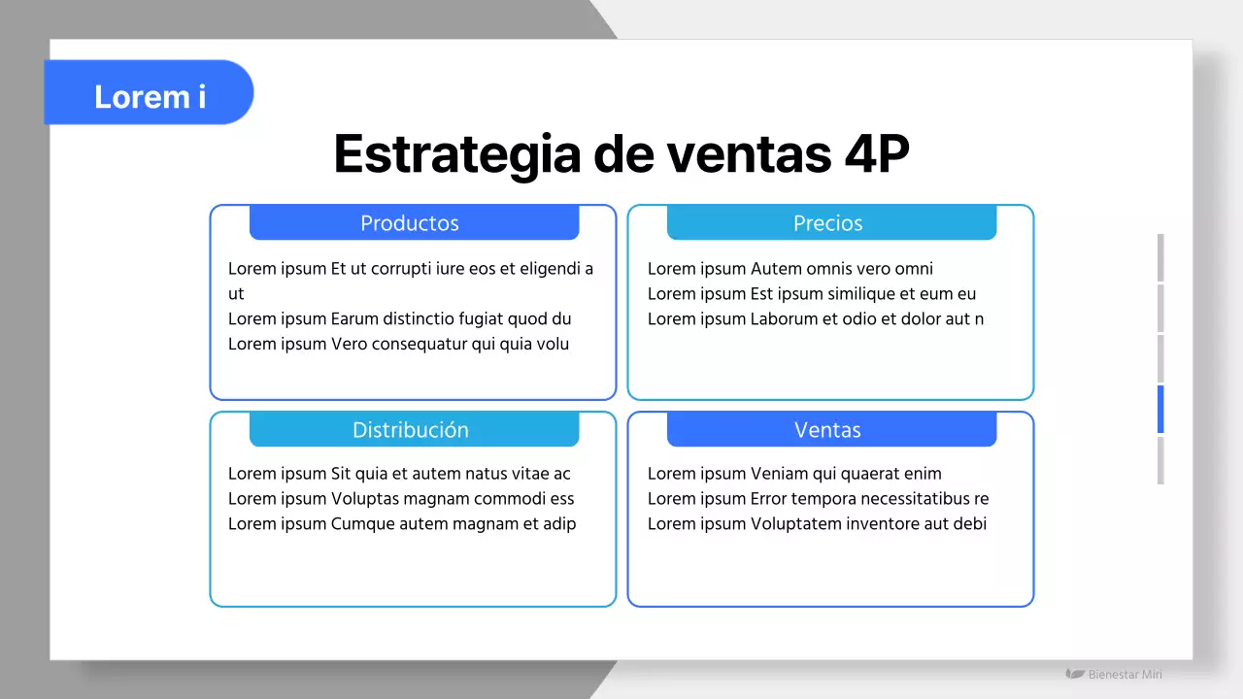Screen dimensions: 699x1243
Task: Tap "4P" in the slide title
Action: (x=872, y=153)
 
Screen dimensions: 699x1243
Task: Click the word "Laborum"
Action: (x=784, y=318)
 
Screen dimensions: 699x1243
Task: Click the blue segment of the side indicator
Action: (x=1159, y=409)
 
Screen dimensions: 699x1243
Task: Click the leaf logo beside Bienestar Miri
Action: (x=1075, y=674)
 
